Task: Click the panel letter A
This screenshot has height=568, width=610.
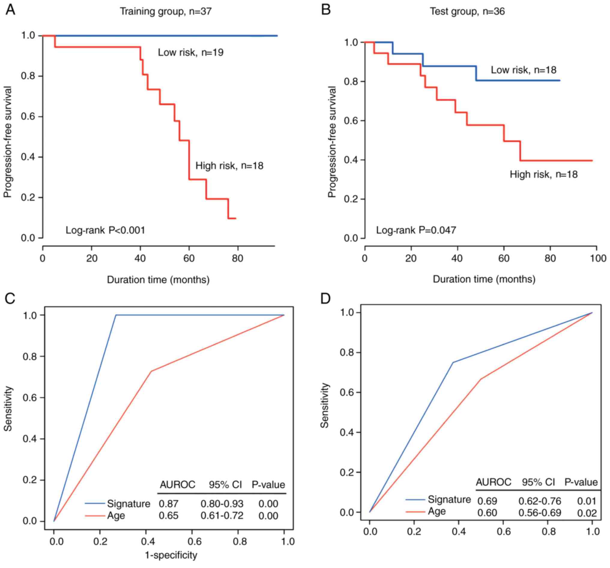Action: click(10, 10)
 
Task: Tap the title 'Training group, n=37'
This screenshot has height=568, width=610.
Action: click(165, 11)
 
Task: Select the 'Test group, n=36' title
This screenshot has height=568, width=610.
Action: click(467, 11)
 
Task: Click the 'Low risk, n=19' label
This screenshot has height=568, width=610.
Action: click(191, 53)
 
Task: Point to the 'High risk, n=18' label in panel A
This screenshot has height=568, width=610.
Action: click(230, 166)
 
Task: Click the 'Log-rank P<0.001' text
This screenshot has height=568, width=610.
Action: click(105, 230)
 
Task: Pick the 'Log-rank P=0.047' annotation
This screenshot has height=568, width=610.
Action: click(416, 230)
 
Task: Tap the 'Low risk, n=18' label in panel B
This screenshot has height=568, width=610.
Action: click(524, 70)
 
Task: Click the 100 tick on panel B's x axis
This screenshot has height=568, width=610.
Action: click(598, 258)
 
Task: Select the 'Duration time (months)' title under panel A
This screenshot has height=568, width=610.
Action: click(158, 280)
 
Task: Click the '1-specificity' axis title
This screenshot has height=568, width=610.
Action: click(171, 555)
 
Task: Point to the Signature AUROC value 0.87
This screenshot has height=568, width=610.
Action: click(168, 504)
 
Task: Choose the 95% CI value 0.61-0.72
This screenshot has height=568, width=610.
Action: click(222, 516)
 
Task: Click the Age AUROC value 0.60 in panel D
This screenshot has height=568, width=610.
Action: click(487, 513)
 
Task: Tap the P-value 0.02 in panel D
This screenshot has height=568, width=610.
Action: click(587, 513)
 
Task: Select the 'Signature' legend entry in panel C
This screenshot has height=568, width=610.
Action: click(128, 504)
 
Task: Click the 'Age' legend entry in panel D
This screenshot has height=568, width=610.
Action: click(436, 512)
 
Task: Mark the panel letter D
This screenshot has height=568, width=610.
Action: click(325, 299)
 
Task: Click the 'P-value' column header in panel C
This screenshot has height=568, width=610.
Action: click(268, 485)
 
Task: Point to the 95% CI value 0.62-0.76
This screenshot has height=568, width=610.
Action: click(539, 501)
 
